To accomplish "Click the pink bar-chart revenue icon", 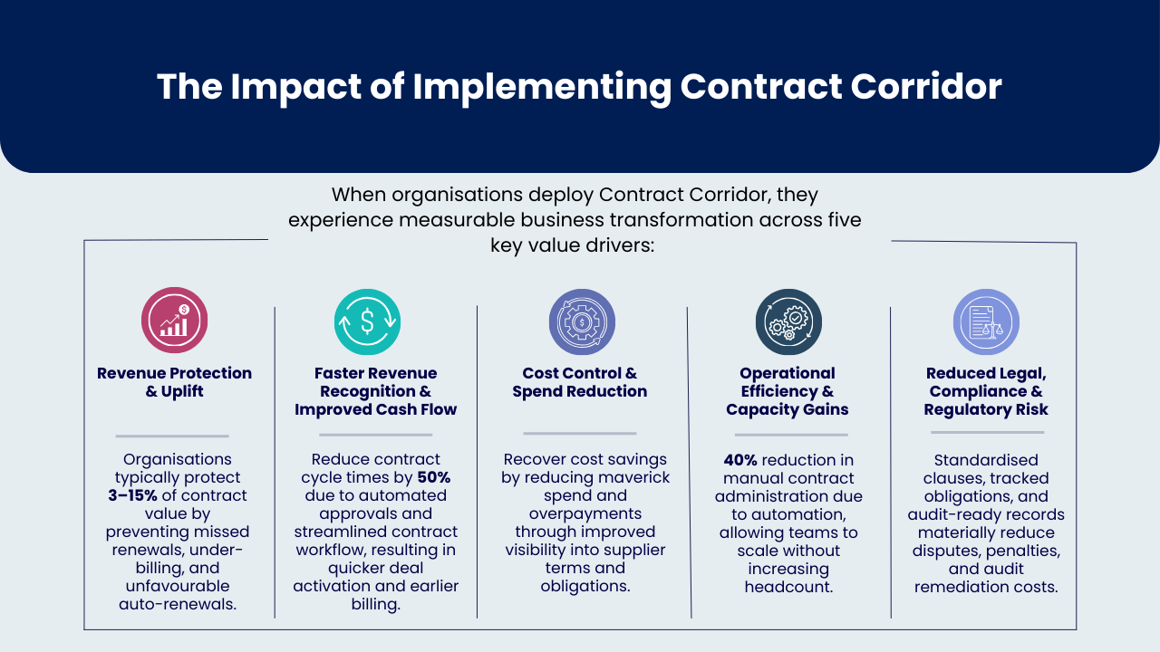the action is pyautogui.click(x=175, y=321).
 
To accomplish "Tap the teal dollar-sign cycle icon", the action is pyautogui.click(x=367, y=321).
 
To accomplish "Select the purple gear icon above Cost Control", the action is pyautogui.click(x=582, y=321).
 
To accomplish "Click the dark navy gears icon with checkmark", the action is pyautogui.click(x=788, y=321).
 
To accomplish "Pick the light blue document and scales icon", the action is pyautogui.click(x=987, y=321).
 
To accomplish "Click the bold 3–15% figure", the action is pyautogui.click(x=132, y=495).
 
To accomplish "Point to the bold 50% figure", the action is pyautogui.click(x=434, y=477).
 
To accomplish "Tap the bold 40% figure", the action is pyautogui.click(x=740, y=459).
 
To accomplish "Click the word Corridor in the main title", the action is pyautogui.click(x=926, y=86).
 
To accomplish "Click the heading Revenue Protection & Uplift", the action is pyautogui.click(x=175, y=382).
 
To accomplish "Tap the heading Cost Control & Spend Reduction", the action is pyautogui.click(x=580, y=382).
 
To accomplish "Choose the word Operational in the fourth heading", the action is pyautogui.click(x=788, y=373).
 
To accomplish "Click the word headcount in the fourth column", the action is pyautogui.click(x=788, y=587).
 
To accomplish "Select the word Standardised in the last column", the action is pyautogui.click(x=986, y=459).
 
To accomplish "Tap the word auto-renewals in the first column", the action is pyautogui.click(x=178, y=604).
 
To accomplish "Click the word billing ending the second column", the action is pyautogui.click(x=375, y=604).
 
